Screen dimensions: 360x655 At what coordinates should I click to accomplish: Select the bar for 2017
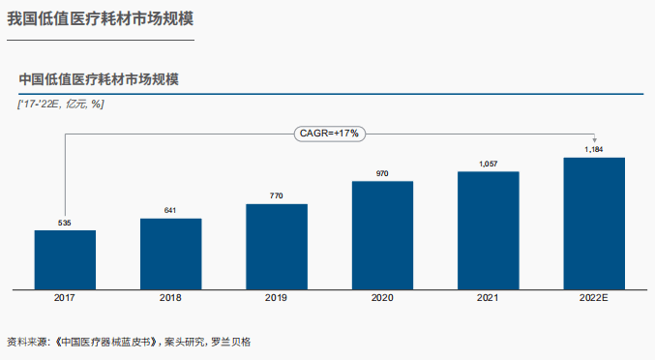point(65,259)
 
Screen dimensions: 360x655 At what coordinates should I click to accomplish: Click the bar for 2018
point(171,254)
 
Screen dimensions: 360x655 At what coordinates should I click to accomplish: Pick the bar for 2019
point(277,246)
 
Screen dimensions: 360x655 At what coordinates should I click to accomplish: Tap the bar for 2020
point(382,235)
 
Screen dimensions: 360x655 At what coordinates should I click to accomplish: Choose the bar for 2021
point(488,230)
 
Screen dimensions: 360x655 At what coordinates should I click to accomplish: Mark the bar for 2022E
point(594,223)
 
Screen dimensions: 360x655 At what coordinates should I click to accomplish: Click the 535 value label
point(65,224)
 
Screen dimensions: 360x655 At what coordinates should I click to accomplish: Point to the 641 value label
point(171,211)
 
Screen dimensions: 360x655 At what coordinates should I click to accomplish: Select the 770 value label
point(277,196)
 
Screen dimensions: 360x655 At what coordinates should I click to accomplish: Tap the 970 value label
point(382,174)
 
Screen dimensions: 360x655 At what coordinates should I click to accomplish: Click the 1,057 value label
point(488,165)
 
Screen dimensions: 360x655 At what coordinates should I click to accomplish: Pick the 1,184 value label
point(594,150)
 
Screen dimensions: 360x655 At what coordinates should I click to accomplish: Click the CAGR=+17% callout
point(329,134)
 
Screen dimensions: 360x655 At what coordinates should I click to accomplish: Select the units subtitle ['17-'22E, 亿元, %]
point(61,104)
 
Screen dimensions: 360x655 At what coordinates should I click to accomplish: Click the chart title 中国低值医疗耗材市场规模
point(99,79)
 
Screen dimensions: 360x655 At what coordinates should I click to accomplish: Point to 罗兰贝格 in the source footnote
point(231,342)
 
